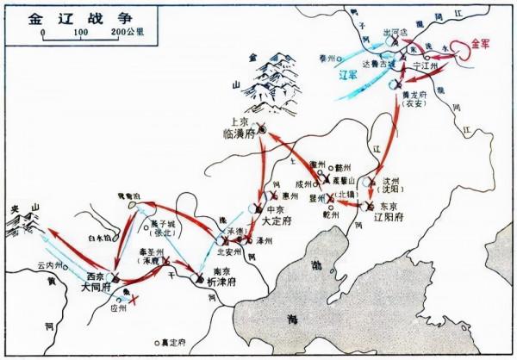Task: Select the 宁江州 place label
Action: [x=421, y=65]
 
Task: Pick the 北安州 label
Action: [x=228, y=252]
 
